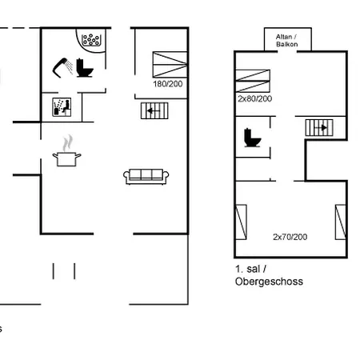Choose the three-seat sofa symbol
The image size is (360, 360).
tap(145, 175)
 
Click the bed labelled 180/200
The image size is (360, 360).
tap(168, 64)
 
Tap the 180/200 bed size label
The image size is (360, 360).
tap(167, 83)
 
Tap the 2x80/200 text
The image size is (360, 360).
tap(254, 98)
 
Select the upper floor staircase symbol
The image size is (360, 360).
tap(319, 126)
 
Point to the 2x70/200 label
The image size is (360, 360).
tap(289, 237)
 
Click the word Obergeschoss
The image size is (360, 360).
tap(270, 282)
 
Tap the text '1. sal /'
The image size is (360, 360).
tap(250, 270)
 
